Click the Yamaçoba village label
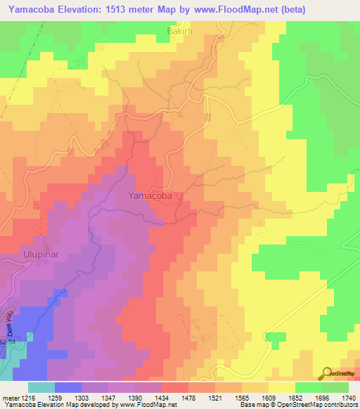[150, 197]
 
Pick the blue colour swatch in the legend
[67, 387]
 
